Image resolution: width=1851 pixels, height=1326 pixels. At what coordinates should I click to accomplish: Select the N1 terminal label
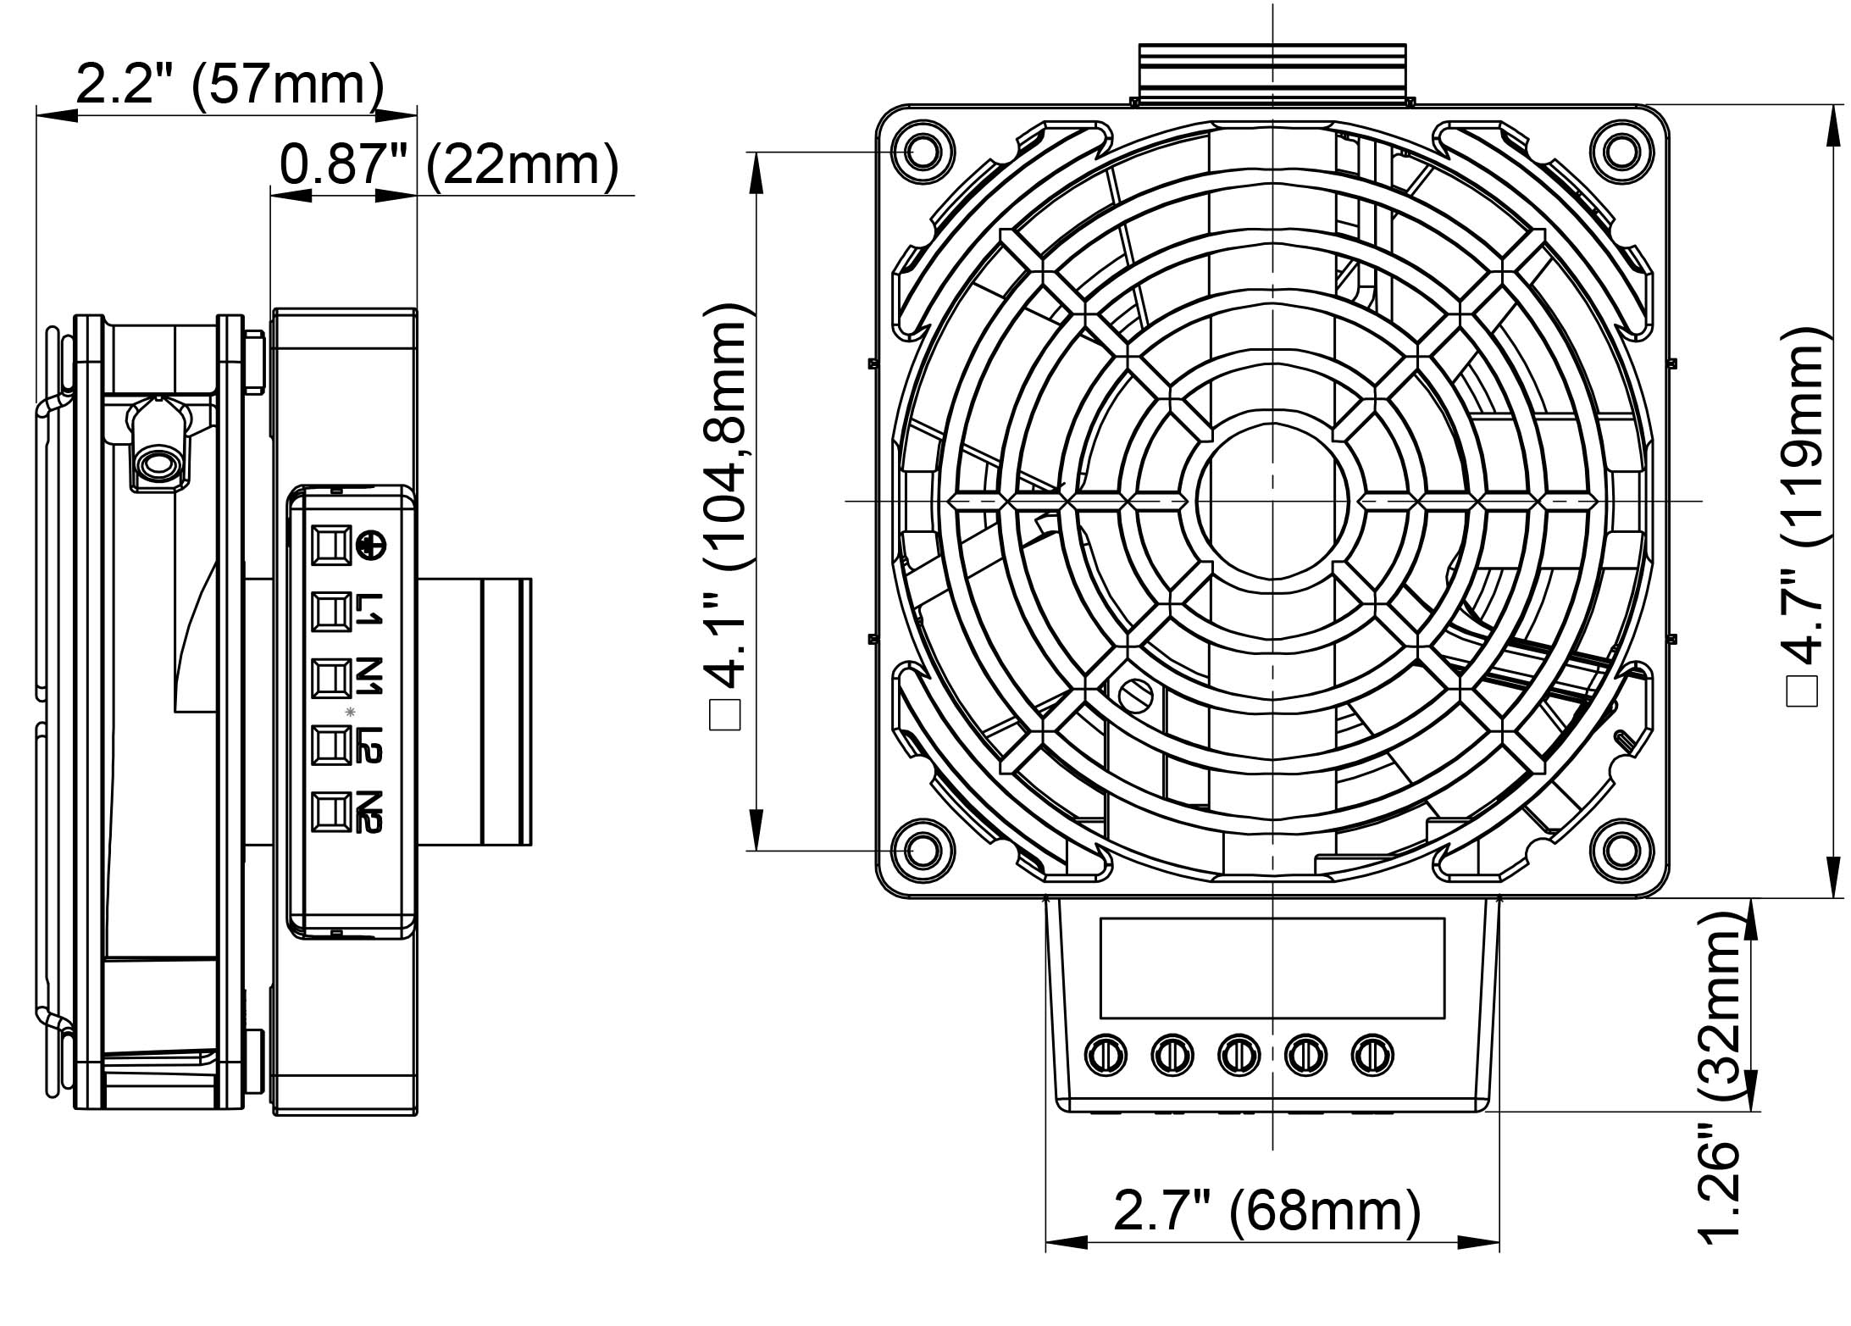(x=369, y=676)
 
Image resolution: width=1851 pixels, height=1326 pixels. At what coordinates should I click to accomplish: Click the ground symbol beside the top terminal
(x=369, y=545)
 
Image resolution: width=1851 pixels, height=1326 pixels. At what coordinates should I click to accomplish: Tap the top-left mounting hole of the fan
(x=922, y=153)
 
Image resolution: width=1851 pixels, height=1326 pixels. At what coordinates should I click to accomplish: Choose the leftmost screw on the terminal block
(x=1106, y=1055)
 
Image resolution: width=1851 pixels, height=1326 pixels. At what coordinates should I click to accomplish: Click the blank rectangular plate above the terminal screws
(x=1272, y=968)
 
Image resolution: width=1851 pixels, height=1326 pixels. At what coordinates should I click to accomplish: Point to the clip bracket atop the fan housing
(x=1272, y=73)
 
